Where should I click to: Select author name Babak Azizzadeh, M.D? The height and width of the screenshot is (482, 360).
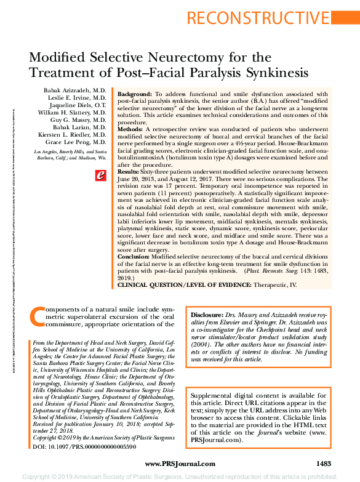point(75,90)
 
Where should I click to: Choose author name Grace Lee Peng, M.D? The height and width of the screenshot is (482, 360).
point(77,142)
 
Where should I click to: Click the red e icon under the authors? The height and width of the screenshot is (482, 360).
point(100,175)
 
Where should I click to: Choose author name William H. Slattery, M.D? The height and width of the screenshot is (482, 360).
point(74,113)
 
